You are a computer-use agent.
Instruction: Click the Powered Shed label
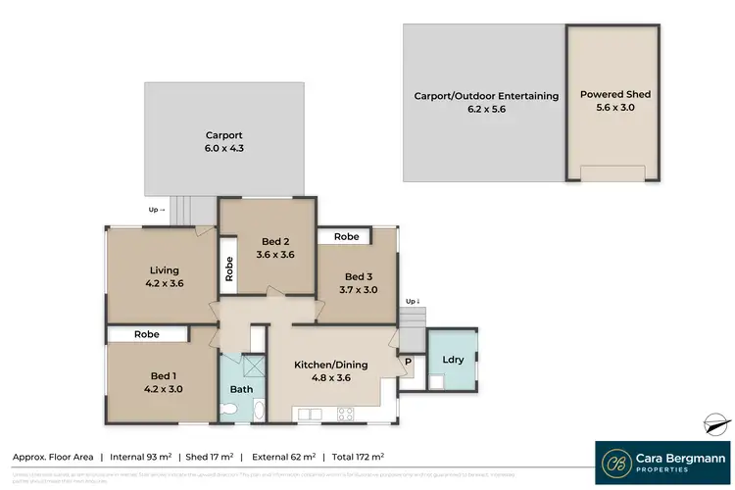pos(614,95)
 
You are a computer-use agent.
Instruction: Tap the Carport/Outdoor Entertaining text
pos(485,96)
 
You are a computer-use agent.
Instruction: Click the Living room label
pos(163,270)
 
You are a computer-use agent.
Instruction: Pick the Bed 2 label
pos(274,242)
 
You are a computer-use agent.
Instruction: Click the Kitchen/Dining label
pos(330,365)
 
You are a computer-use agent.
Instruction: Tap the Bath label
pos(241,389)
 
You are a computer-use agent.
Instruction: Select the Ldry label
pos(453,359)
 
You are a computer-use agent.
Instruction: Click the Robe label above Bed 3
pos(345,236)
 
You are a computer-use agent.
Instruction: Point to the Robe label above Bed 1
pos(147,334)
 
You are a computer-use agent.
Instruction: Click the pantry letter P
pos(408,361)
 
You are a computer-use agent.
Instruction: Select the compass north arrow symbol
pos(717,423)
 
